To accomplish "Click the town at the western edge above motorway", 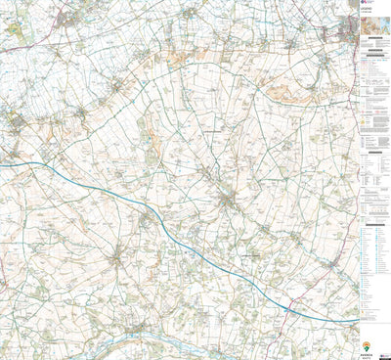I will pos(17,122).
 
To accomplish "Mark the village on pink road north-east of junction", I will pos(333,265).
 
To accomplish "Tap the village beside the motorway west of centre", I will pos(147,217).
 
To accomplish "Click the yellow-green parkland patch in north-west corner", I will pos(14,29).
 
